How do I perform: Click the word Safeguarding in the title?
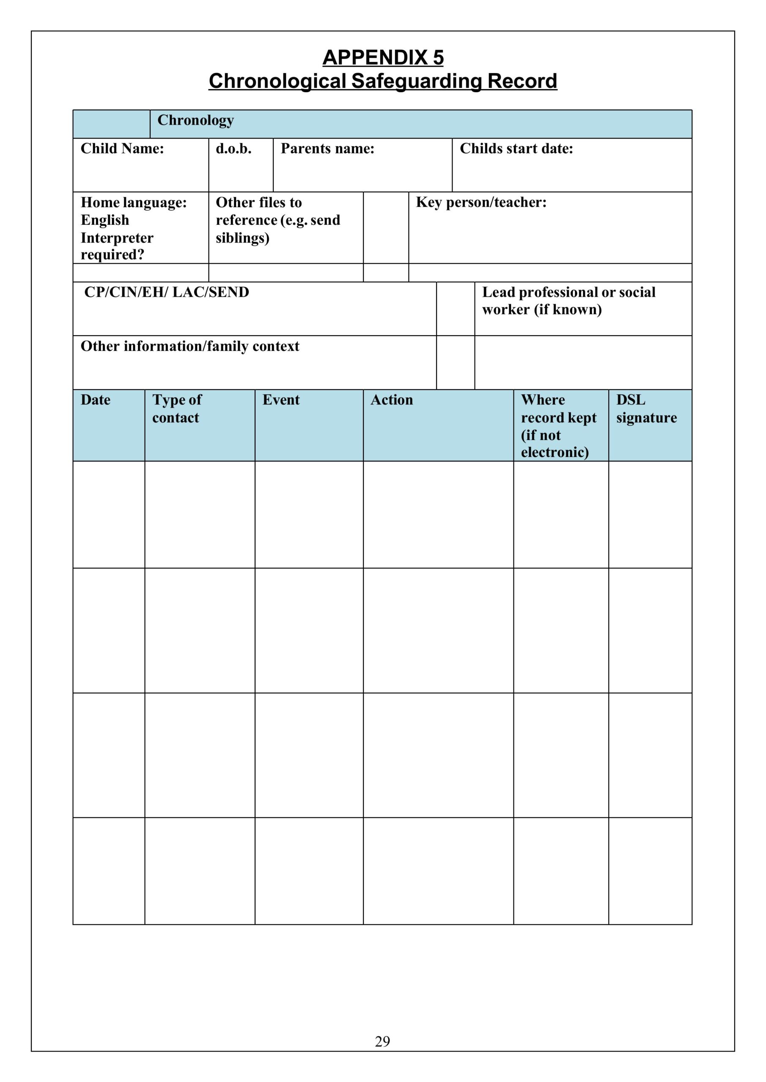(417, 81)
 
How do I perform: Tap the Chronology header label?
(195, 120)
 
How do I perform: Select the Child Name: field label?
(122, 149)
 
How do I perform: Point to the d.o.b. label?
(233, 149)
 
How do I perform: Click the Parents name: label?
(327, 149)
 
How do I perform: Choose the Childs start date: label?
(516, 149)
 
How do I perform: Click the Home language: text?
(134, 202)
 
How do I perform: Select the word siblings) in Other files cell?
(242, 238)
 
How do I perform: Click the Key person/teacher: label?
(480, 202)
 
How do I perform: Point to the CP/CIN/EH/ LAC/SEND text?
(167, 292)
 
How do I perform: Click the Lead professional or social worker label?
(568, 301)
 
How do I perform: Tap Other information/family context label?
(189, 347)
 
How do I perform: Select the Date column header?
(95, 400)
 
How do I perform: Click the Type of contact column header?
(176, 409)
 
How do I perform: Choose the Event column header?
(281, 400)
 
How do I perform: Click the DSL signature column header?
(646, 409)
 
